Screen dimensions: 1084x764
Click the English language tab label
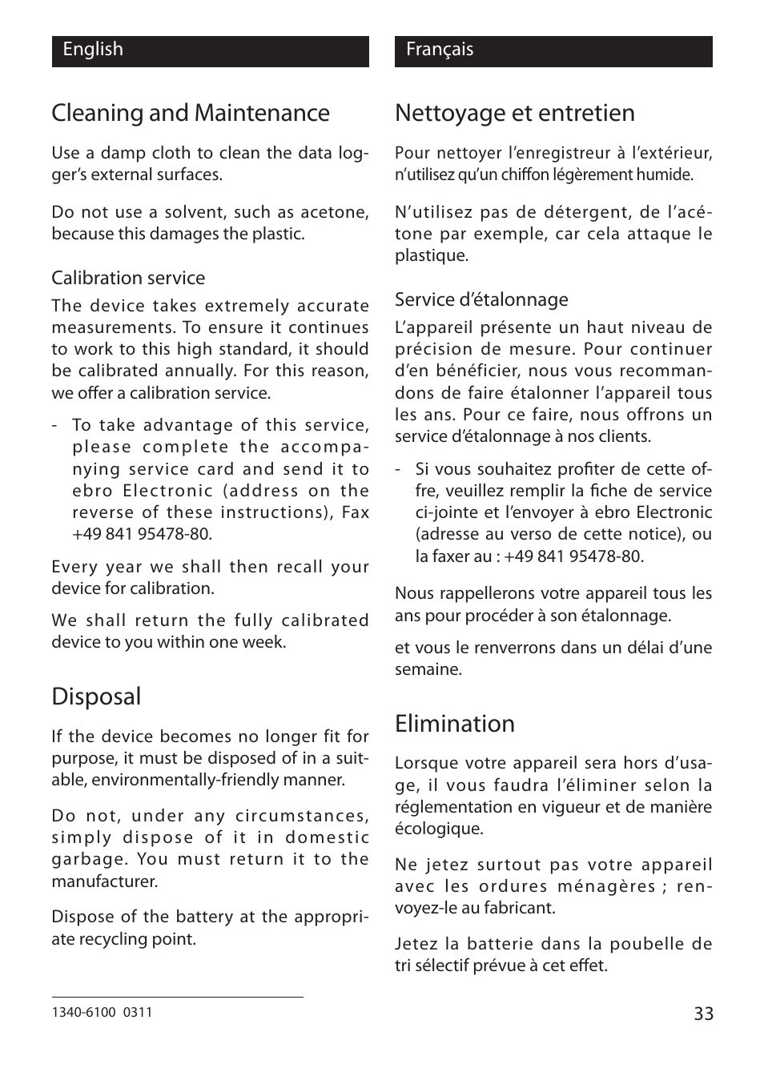[x=93, y=50]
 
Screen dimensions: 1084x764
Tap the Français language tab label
[x=440, y=50]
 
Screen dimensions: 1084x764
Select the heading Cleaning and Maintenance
[x=191, y=113]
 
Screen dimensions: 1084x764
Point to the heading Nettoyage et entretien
[x=514, y=113]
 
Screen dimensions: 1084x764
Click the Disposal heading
[x=96, y=697]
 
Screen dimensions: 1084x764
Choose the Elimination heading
[x=454, y=724]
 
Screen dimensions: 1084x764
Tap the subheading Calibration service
[x=128, y=278]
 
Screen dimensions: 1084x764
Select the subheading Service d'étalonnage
[x=481, y=299]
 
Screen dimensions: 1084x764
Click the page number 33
[x=702, y=1014]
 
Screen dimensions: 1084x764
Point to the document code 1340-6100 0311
[x=102, y=1012]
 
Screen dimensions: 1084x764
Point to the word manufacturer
[x=104, y=881]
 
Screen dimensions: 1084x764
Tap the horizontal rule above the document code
[x=177, y=997]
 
